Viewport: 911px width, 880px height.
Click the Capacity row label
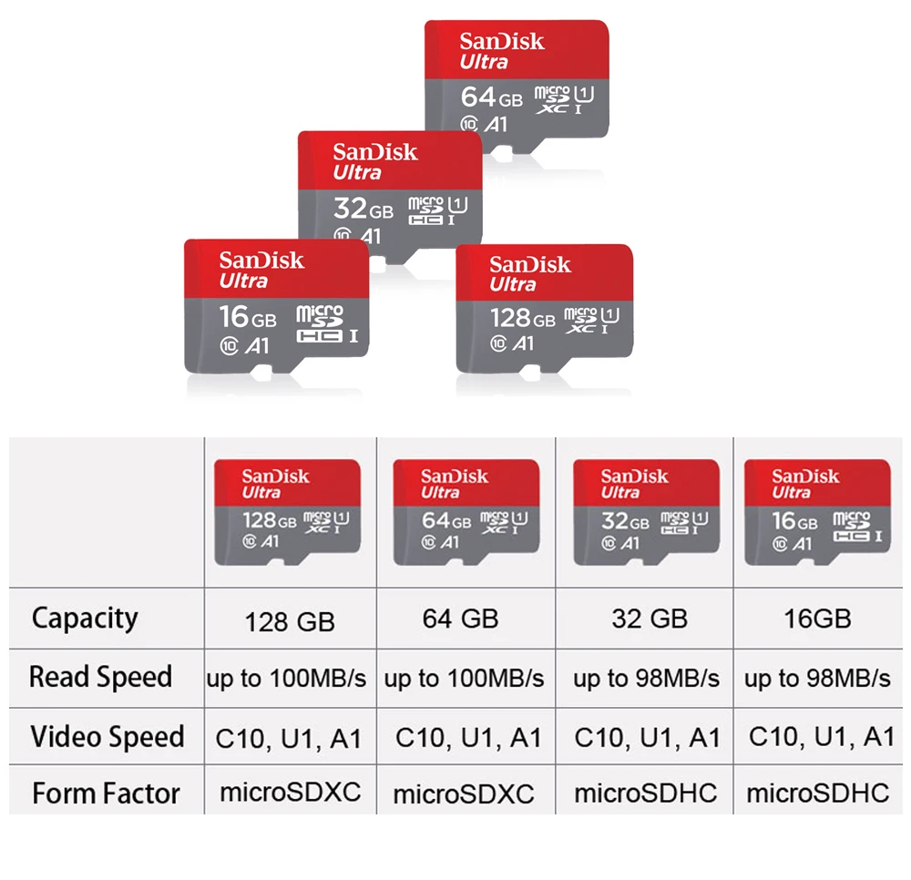coord(85,619)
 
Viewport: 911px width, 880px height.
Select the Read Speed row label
coord(100,678)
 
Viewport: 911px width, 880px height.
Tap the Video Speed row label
coord(107,737)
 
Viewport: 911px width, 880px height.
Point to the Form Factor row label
coord(107,794)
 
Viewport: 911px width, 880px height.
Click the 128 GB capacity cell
coord(290,622)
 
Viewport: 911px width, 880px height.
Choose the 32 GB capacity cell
coord(650,619)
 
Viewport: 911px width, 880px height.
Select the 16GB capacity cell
coord(817,619)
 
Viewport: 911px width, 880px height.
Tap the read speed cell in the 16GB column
coord(817,679)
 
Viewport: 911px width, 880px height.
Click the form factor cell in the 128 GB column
coord(291,793)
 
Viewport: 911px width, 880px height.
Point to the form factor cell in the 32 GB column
coord(646,793)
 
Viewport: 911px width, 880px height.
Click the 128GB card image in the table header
coord(287,513)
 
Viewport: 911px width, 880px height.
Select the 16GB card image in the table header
coord(817,513)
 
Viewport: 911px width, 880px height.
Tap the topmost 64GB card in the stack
coord(517,82)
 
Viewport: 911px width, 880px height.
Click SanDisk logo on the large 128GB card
coord(530,265)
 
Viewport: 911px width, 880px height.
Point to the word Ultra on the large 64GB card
coord(484,62)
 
